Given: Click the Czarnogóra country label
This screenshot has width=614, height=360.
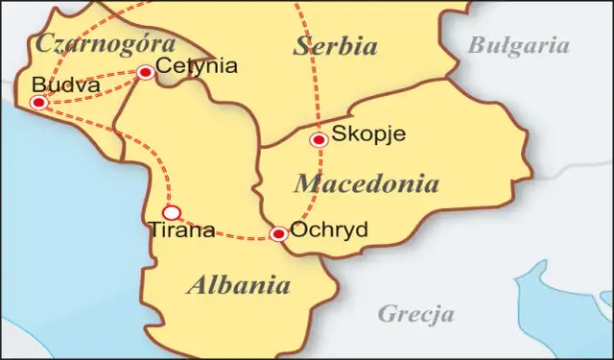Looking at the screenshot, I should pos(105,44).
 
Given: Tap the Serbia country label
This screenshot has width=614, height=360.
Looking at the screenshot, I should pos(336,46).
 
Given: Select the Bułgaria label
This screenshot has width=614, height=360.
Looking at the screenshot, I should pos(518,45).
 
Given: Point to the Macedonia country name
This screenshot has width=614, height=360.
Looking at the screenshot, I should pos(366,184).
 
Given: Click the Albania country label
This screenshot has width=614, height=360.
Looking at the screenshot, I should pos(239,285).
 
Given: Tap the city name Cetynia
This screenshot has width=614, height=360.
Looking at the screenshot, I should pos(196,67).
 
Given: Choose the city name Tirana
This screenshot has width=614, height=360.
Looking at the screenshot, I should pos(181,230).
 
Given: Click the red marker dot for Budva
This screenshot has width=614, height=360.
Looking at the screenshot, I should pos(38,103).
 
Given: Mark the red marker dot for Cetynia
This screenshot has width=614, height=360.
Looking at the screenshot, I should pos(146,72).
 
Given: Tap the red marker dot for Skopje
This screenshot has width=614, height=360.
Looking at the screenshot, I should pos(319,140).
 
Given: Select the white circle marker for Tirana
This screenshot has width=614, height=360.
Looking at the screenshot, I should pos(171,212).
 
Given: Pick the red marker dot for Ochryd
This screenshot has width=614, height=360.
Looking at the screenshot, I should pos(278,233).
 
